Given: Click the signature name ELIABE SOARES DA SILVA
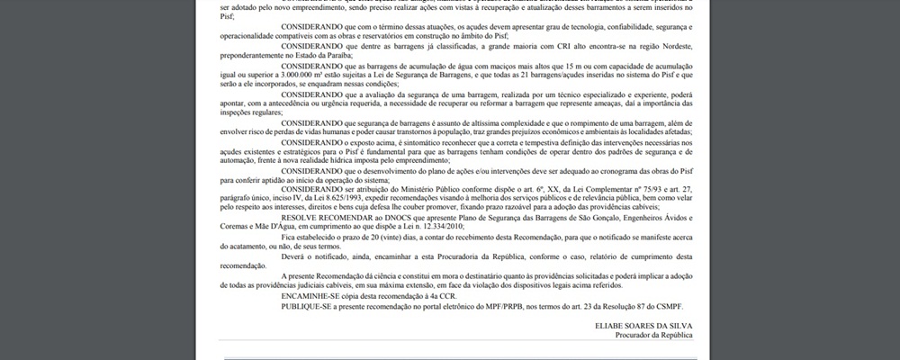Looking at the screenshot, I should [643, 324].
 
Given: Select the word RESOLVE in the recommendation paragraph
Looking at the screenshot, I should [299, 217].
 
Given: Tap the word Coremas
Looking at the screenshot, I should [236, 227].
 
